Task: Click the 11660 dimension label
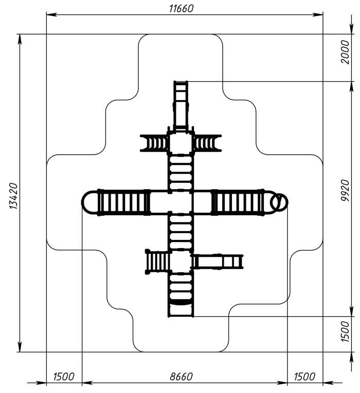(x=181, y=9)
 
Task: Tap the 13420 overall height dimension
(x=13, y=196)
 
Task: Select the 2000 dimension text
(x=345, y=52)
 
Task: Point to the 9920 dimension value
(x=345, y=191)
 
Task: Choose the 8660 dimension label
(x=181, y=377)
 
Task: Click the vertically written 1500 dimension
(x=345, y=331)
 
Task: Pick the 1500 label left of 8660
(x=64, y=377)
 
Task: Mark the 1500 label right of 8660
(x=304, y=377)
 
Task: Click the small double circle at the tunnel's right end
(x=279, y=202)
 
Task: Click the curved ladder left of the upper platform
(x=154, y=143)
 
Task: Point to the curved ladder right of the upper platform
(x=207, y=143)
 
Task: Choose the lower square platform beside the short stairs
(x=181, y=261)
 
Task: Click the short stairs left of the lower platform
(x=157, y=261)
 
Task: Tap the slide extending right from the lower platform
(x=218, y=261)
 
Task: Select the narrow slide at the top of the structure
(x=181, y=105)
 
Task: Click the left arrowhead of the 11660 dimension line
(x=50, y=14)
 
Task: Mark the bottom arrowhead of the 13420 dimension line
(x=20, y=348)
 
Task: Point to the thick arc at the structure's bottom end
(x=181, y=303)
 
